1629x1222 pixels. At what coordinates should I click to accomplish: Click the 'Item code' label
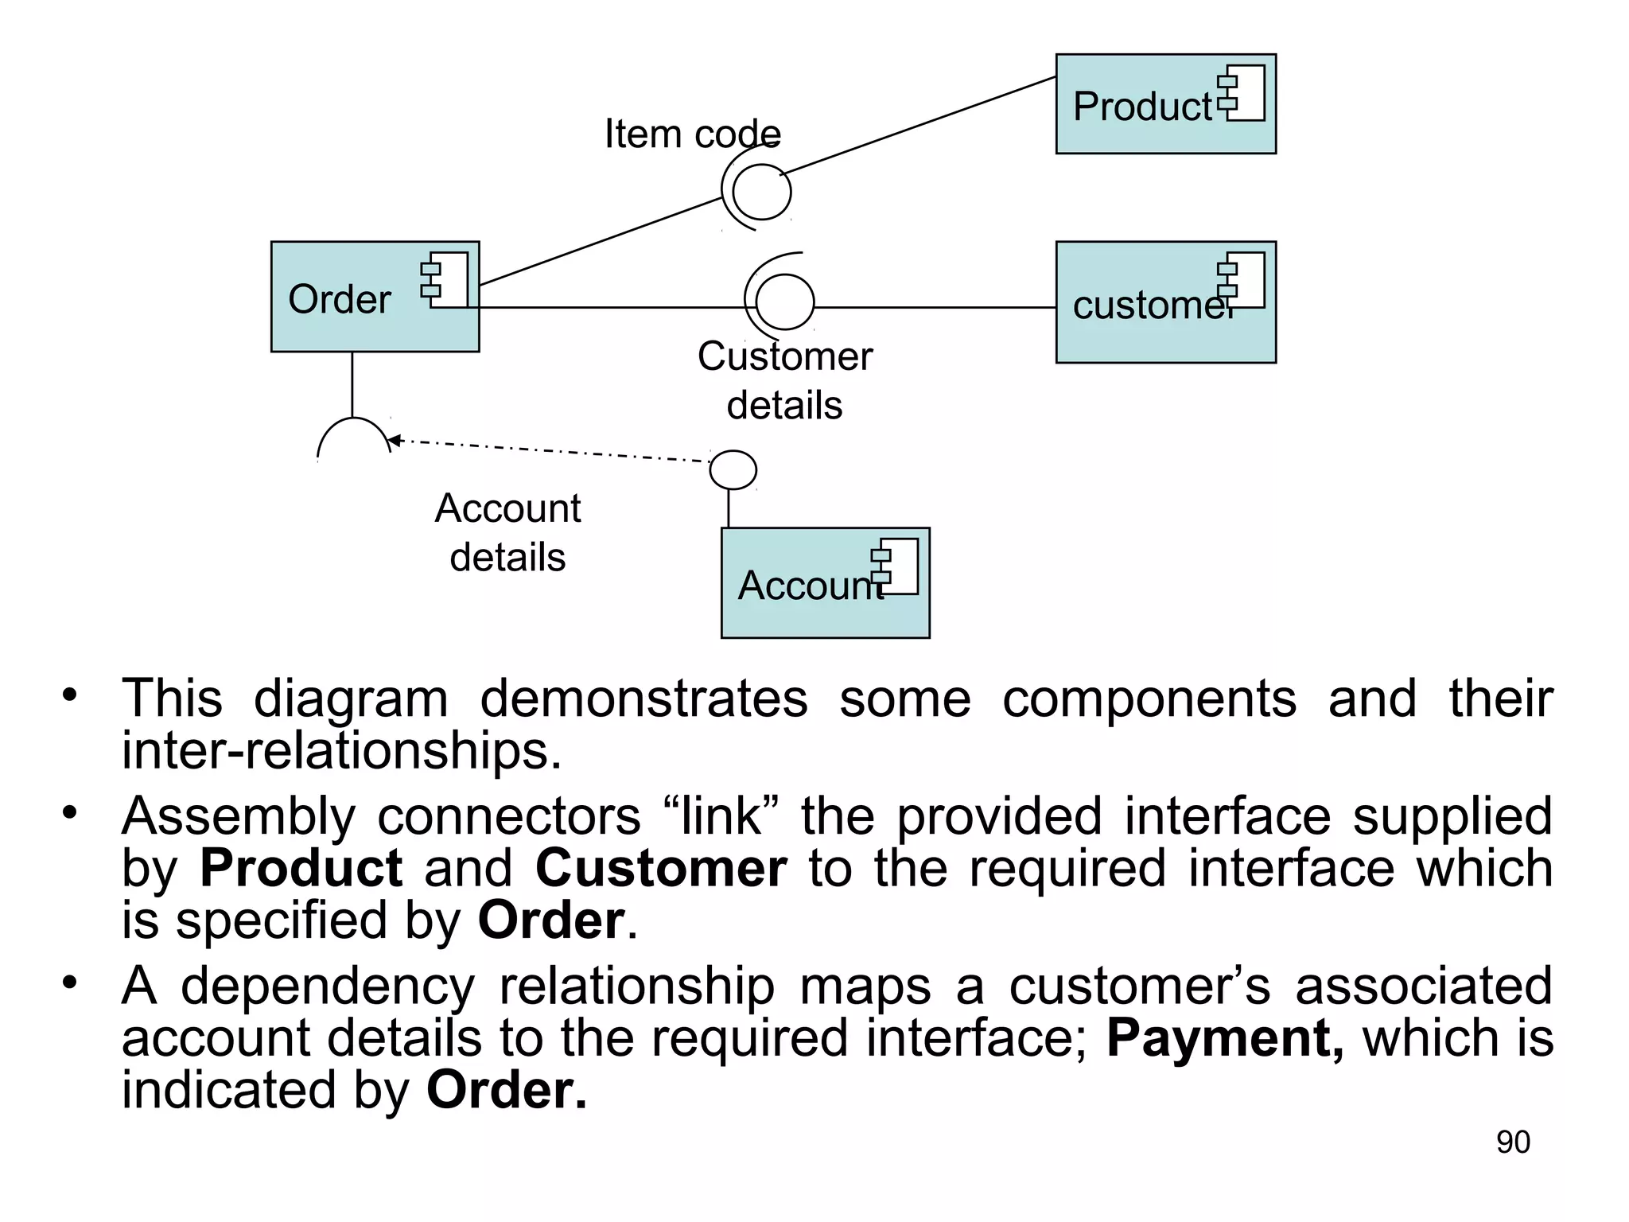pos(693,134)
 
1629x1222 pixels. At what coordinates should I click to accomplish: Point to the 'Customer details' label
pos(784,380)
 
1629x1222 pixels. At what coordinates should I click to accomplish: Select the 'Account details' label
pos(507,531)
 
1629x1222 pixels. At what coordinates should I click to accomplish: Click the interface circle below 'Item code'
pos(761,192)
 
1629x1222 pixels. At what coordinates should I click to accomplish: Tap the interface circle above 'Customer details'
pos(784,302)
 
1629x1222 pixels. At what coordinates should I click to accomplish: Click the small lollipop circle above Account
pos(733,469)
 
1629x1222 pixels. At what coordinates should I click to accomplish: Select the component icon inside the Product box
pos(1242,92)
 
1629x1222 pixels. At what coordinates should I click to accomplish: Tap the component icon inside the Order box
pos(446,279)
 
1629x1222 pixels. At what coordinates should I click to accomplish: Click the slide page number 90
pos(1513,1142)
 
